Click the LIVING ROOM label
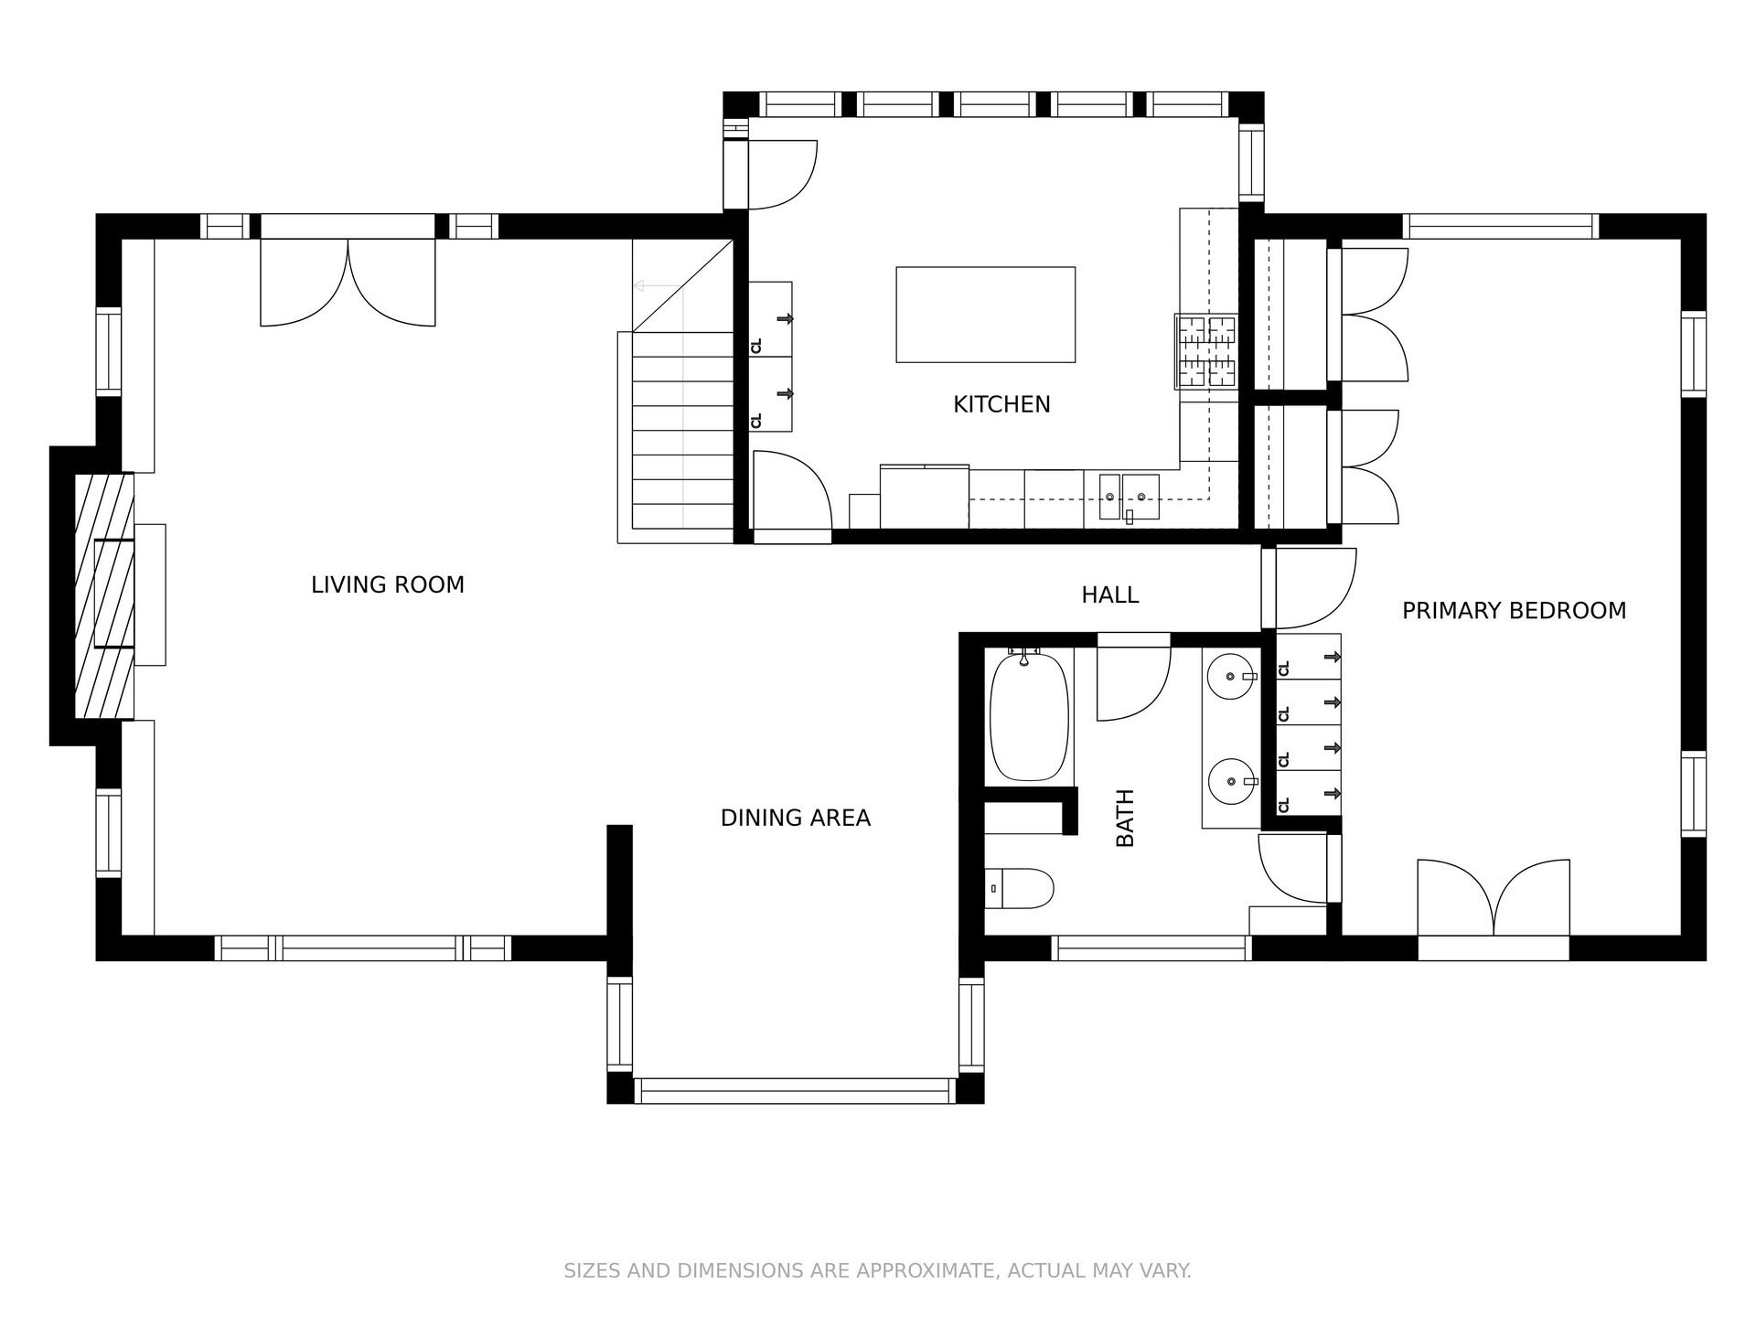coord(388,584)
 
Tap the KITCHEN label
coord(1001,404)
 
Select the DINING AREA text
coord(796,818)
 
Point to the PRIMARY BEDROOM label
coord(1515,610)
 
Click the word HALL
coord(1110,594)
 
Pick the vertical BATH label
coord(1125,818)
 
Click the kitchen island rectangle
coord(985,315)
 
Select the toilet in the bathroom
coord(1020,888)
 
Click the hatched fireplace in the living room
coord(104,595)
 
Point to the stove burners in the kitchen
coord(1206,351)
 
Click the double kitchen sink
coord(1129,497)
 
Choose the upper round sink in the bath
coord(1231,677)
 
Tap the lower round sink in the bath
coord(1231,782)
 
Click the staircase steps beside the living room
coord(683,430)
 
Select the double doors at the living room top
coord(348,283)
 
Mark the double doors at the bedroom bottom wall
coord(1494,899)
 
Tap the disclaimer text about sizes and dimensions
coord(877,1270)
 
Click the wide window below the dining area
coord(795,1091)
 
